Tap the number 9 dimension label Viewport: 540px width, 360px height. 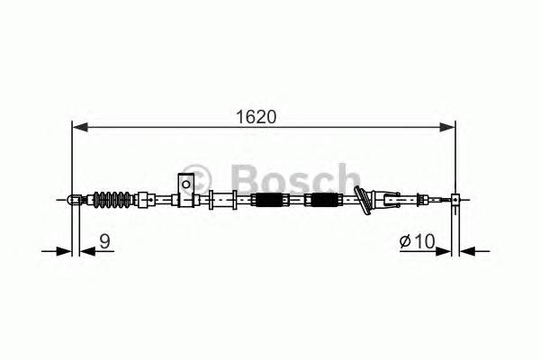(x=105, y=240)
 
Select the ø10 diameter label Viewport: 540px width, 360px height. (x=418, y=240)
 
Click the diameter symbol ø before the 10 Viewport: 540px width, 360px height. (x=406, y=240)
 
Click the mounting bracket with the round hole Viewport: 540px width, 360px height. (x=186, y=186)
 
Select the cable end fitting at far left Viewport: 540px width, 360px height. (x=75, y=199)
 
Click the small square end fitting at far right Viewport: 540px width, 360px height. (x=456, y=200)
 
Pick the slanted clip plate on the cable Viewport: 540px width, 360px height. (x=364, y=200)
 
